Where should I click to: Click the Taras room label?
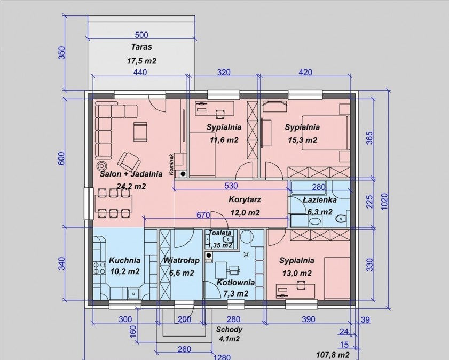coord(141,47)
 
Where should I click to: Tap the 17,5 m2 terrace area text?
coord(141,61)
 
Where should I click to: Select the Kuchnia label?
coord(124,260)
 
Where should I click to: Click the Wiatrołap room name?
coord(182,260)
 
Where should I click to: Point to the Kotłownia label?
coord(235,283)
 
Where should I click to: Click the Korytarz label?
coord(245,199)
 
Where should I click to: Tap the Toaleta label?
coord(219,233)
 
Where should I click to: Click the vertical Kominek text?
coord(171,164)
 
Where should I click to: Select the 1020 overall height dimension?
coord(384,202)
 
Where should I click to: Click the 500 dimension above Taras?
coord(141,35)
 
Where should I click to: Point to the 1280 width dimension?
coord(222,357)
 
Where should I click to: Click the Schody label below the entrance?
coord(229,330)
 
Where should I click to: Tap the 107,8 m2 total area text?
coord(333,355)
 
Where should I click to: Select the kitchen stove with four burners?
coord(99,268)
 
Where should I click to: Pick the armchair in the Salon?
coord(129,161)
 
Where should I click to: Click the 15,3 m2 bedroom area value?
coord(302,140)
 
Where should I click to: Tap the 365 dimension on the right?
coord(369,138)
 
